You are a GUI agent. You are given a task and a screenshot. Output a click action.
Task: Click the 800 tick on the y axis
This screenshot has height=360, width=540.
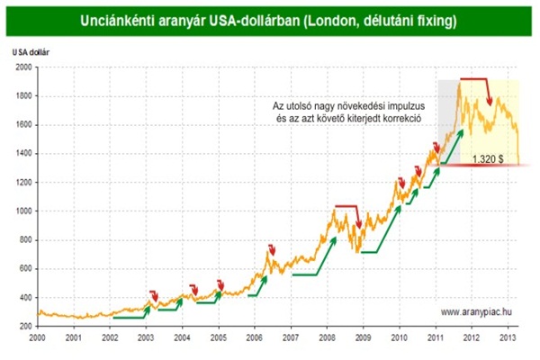pyautogui.click(x=24, y=239)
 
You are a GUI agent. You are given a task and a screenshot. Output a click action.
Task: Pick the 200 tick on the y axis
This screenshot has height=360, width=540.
pyautogui.click(x=24, y=327)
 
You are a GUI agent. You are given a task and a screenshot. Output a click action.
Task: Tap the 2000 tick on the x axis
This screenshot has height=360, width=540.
pyautogui.click(x=38, y=338)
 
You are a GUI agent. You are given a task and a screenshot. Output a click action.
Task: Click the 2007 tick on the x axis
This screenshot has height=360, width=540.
pyautogui.click(x=291, y=338)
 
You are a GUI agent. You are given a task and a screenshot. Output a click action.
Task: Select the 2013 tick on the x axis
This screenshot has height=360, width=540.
pyautogui.click(x=507, y=338)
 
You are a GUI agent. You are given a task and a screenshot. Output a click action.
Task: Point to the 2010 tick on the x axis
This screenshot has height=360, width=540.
pyautogui.click(x=399, y=338)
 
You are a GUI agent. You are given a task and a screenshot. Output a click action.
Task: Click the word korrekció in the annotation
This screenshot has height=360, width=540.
pyautogui.click(x=402, y=118)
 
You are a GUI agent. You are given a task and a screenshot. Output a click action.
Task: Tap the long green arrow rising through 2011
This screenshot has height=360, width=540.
pyautogui.click(x=446, y=148)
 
